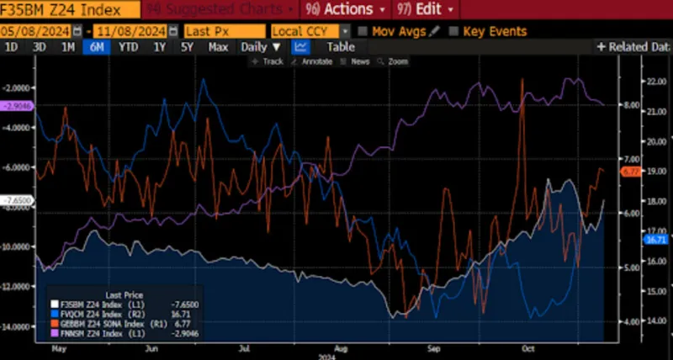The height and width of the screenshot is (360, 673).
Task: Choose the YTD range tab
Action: click(x=128, y=47)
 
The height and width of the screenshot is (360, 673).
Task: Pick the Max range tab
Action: click(x=218, y=47)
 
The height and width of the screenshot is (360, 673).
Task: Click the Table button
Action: click(x=341, y=47)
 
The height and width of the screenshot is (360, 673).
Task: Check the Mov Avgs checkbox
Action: click(x=363, y=31)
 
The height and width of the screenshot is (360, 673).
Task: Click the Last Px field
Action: click(x=223, y=31)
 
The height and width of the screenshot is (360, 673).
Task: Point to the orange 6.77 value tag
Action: click(x=632, y=172)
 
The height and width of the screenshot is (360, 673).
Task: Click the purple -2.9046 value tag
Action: click(x=16, y=106)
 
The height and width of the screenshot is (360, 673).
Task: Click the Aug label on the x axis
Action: click(x=340, y=347)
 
